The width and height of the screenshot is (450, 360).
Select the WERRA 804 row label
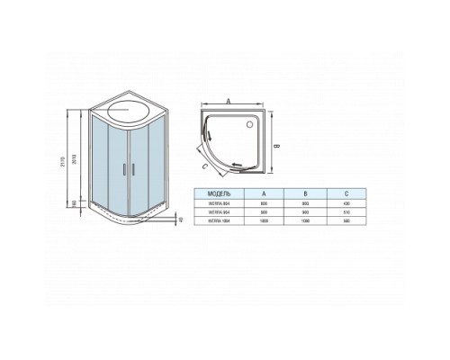[x=220, y=202]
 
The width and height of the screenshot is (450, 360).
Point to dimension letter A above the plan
[x=229, y=102]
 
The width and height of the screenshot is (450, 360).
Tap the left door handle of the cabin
[x=123, y=169]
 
